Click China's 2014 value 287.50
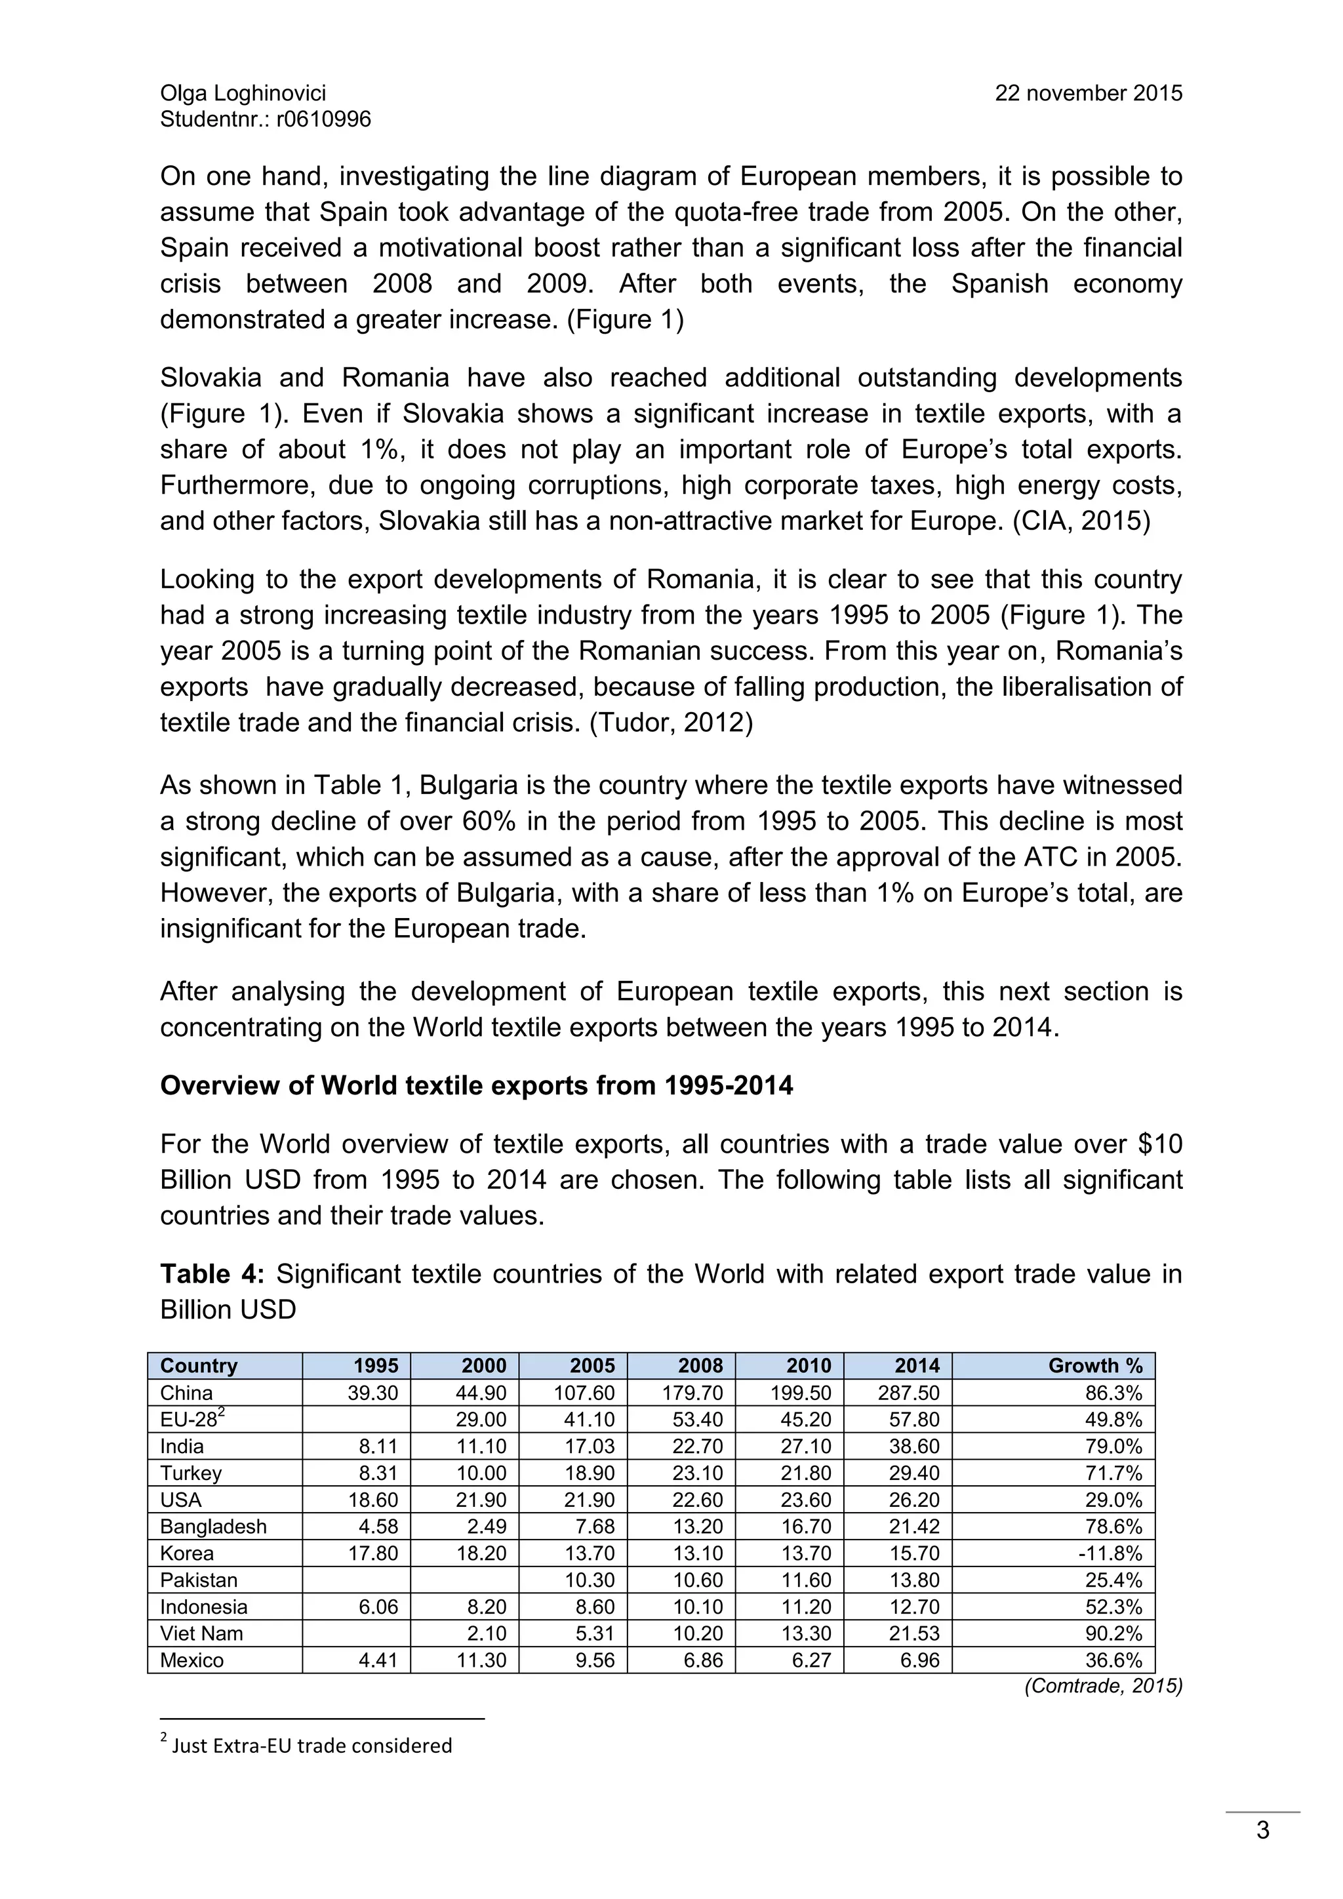point(909,1393)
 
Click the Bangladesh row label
point(213,1527)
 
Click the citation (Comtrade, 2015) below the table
point(1103,1686)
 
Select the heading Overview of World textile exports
point(476,1085)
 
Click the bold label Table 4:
point(212,1273)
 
